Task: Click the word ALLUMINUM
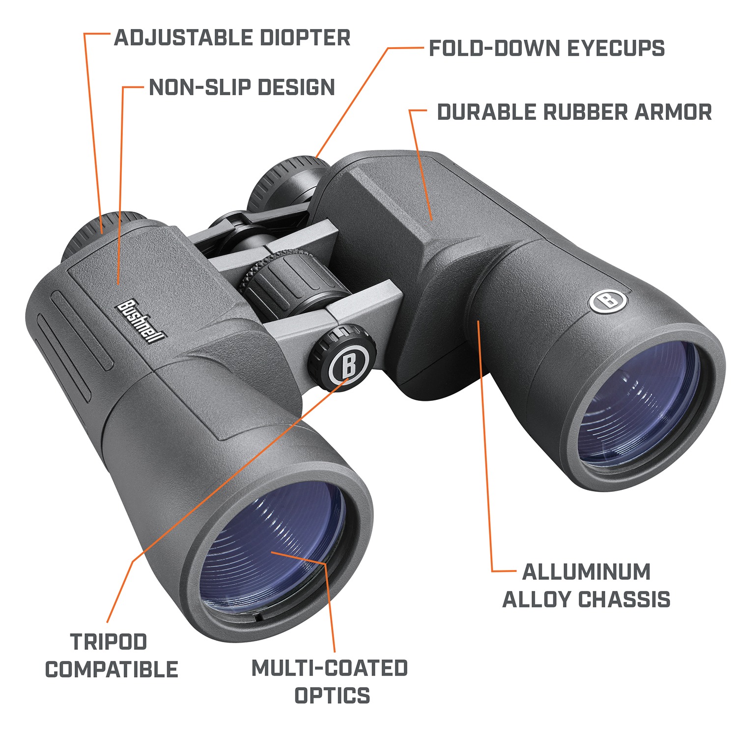586,572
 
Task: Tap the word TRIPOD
109,642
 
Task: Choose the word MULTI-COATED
329,668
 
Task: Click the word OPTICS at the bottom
332,696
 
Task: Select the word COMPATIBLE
112,670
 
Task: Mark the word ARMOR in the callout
674,112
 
